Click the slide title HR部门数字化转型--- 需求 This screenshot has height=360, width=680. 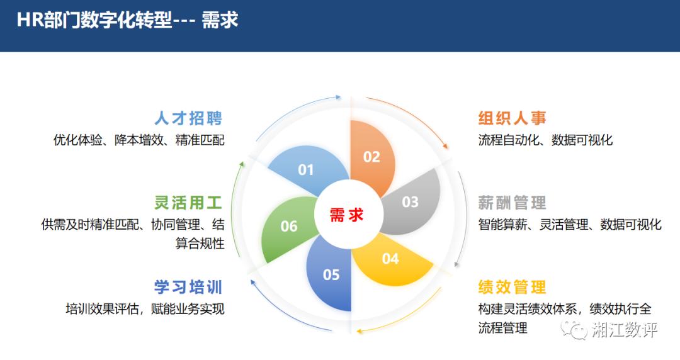pyautogui.click(x=127, y=20)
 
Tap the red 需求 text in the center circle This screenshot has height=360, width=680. pyautogui.click(x=346, y=215)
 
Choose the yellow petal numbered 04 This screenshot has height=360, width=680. pyautogui.click(x=391, y=259)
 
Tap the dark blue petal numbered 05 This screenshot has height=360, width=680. pyautogui.click(x=329, y=273)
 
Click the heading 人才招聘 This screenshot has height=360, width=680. pyautogui.click(x=188, y=118)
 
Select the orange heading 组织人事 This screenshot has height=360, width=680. pyautogui.click(x=512, y=118)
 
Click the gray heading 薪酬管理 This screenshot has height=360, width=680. pyautogui.click(x=512, y=203)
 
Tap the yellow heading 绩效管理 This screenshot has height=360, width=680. pyautogui.click(x=512, y=287)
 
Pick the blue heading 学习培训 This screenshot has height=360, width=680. pyautogui.click(x=188, y=287)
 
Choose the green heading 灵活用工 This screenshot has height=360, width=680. pyautogui.click(x=188, y=203)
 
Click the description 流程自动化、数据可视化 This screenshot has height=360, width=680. pyautogui.click(x=545, y=140)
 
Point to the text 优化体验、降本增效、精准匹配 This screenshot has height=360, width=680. pyautogui.click(x=139, y=140)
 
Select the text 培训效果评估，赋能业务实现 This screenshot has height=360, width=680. pyautogui.click(x=145, y=309)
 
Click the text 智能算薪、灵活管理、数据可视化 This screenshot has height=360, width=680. pyautogui.click(x=570, y=224)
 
